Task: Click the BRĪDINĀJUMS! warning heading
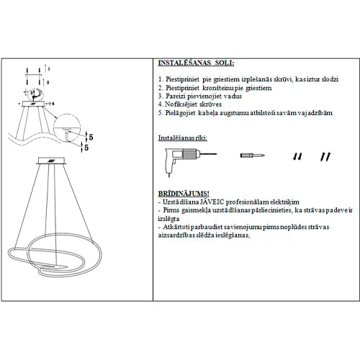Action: (184, 194)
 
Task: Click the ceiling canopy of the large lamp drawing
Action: (55, 161)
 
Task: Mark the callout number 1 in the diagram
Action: (48, 66)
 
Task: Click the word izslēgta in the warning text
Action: (168, 219)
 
